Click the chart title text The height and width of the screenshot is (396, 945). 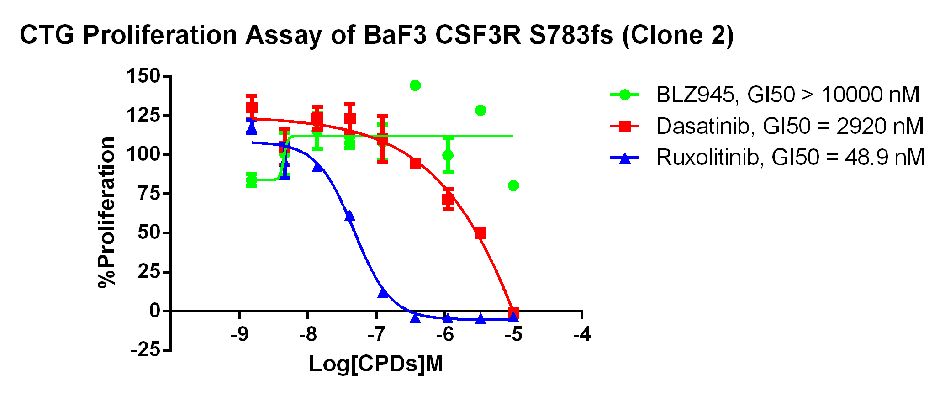(x=376, y=36)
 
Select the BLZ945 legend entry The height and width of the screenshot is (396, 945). (x=787, y=95)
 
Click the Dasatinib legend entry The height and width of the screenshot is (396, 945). (x=789, y=126)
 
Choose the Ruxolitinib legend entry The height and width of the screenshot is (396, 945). (x=790, y=158)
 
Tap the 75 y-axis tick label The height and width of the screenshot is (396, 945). (x=149, y=194)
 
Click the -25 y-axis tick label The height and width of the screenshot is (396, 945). (x=145, y=351)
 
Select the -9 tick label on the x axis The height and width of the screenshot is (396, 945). (x=239, y=335)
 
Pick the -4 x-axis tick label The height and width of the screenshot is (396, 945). (x=581, y=335)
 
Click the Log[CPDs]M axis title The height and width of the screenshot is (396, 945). (x=376, y=364)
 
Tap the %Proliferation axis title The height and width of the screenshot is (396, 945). (x=107, y=212)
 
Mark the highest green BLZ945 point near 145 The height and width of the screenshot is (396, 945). (x=415, y=85)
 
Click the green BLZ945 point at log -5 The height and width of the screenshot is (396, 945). (x=513, y=185)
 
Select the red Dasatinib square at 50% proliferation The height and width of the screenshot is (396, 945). (x=480, y=233)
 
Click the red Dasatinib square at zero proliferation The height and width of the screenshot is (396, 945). (x=513, y=313)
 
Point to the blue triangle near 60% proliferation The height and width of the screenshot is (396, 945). (x=350, y=216)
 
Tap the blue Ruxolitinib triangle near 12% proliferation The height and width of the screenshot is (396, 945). (x=383, y=293)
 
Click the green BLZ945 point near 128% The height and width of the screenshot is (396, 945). (x=480, y=111)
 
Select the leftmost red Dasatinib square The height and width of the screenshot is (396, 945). (x=252, y=108)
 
